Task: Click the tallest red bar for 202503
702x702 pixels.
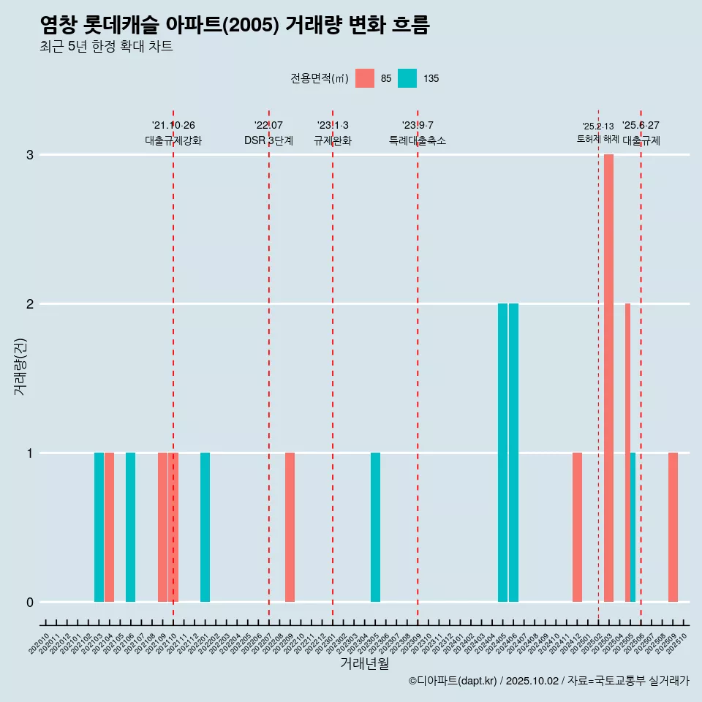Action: pyautogui.click(x=608, y=378)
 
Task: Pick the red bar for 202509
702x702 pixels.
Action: pyautogui.click(x=673, y=527)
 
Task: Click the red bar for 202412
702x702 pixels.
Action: pyautogui.click(x=577, y=527)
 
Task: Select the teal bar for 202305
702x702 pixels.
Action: pyautogui.click(x=375, y=527)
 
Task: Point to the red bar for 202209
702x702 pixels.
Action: pyautogui.click(x=290, y=527)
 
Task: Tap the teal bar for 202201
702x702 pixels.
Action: pyautogui.click(x=205, y=527)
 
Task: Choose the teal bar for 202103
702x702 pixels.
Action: pyautogui.click(x=99, y=527)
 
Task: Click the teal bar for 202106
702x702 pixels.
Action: pyautogui.click(x=130, y=527)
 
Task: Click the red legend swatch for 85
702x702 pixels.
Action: pyautogui.click(x=364, y=78)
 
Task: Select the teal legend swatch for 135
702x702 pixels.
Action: pyautogui.click(x=407, y=78)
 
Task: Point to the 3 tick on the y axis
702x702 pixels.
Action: pyautogui.click(x=30, y=155)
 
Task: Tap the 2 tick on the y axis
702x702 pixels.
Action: pyautogui.click(x=30, y=303)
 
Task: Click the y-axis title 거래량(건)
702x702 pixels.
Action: pyautogui.click(x=20, y=366)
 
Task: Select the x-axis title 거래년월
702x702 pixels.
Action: pyautogui.click(x=364, y=663)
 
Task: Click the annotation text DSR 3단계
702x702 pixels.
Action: pyautogui.click(x=268, y=140)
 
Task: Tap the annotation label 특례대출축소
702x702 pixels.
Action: pyautogui.click(x=417, y=140)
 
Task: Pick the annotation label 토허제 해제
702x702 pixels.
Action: pyautogui.click(x=597, y=139)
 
